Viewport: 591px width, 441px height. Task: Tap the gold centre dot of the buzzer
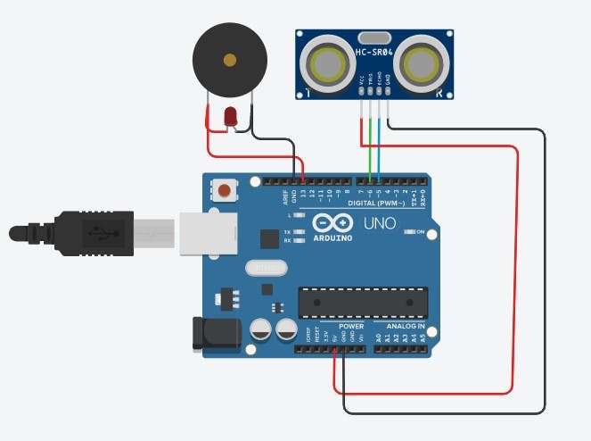click(230, 61)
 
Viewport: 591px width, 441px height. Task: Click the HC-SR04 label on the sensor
click(374, 53)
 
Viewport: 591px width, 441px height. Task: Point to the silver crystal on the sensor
click(374, 37)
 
